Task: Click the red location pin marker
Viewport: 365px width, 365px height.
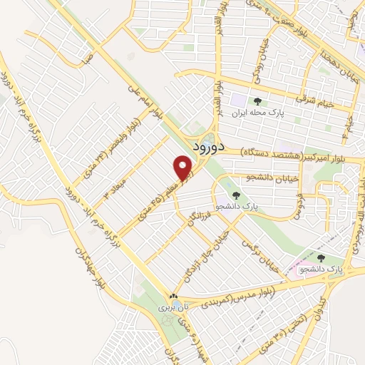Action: [x=184, y=168]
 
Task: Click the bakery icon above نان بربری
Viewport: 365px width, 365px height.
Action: [x=173, y=296]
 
